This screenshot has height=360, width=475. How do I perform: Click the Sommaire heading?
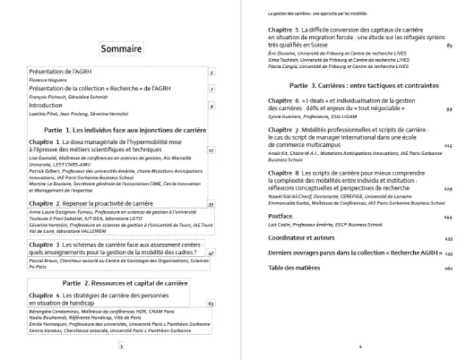click(122, 49)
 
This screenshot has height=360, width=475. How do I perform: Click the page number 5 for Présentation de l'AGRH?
click(211, 72)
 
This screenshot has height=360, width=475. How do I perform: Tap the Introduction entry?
click(46, 106)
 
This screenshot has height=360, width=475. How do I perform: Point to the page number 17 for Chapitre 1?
click(211, 150)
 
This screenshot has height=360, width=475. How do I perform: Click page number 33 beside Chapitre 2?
click(211, 204)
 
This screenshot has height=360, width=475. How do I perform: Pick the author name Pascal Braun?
click(43, 260)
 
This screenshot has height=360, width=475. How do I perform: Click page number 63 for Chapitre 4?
click(211, 304)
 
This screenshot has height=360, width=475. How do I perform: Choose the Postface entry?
click(280, 217)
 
